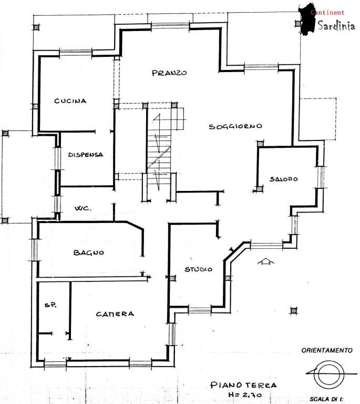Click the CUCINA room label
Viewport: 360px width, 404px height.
coord(70,101)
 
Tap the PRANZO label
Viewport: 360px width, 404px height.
coord(169,73)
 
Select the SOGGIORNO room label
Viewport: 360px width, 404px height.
coord(235,126)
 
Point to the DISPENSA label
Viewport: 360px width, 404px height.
coord(86,155)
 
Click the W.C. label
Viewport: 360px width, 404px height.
coord(83,208)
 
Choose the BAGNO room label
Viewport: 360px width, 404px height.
coord(88,252)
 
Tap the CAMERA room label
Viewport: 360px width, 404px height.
coord(115,314)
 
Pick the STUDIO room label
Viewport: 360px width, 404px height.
coord(199,269)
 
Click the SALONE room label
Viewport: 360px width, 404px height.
coord(283,179)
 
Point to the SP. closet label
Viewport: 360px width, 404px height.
coord(50,305)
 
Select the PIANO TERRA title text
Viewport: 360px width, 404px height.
coord(243,385)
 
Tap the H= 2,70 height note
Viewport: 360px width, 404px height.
coord(245,395)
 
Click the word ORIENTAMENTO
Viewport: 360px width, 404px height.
coord(327,350)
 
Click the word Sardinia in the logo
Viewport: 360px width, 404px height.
coord(336,25)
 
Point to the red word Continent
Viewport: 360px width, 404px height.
coord(327,13)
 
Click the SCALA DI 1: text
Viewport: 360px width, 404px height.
coord(326,399)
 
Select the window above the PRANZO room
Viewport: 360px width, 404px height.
coord(170,25)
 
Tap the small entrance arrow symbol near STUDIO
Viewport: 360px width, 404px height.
coord(265,261)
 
